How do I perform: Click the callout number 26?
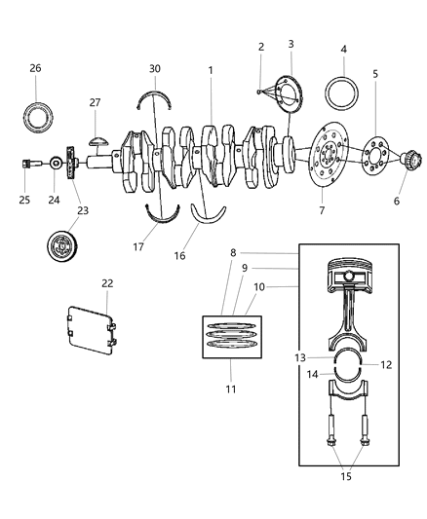click(x=35, y=68)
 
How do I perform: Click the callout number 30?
click(x=155, y=68)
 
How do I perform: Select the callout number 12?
click(x=386, y=365)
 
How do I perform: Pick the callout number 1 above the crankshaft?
click(x=210, y=70)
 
